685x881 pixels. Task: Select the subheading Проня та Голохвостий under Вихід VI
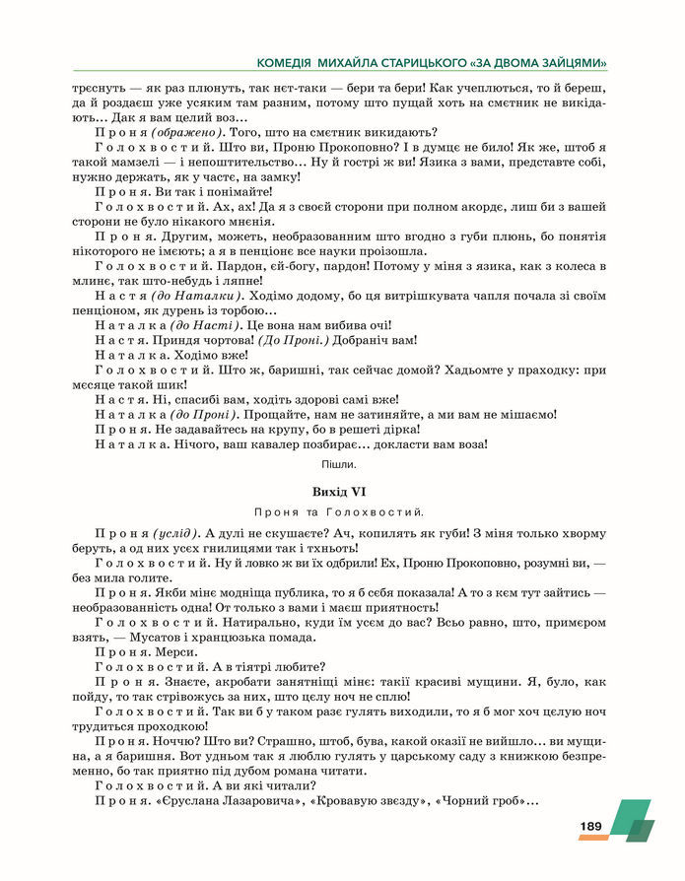pyautogui.click(x=338, y=511)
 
